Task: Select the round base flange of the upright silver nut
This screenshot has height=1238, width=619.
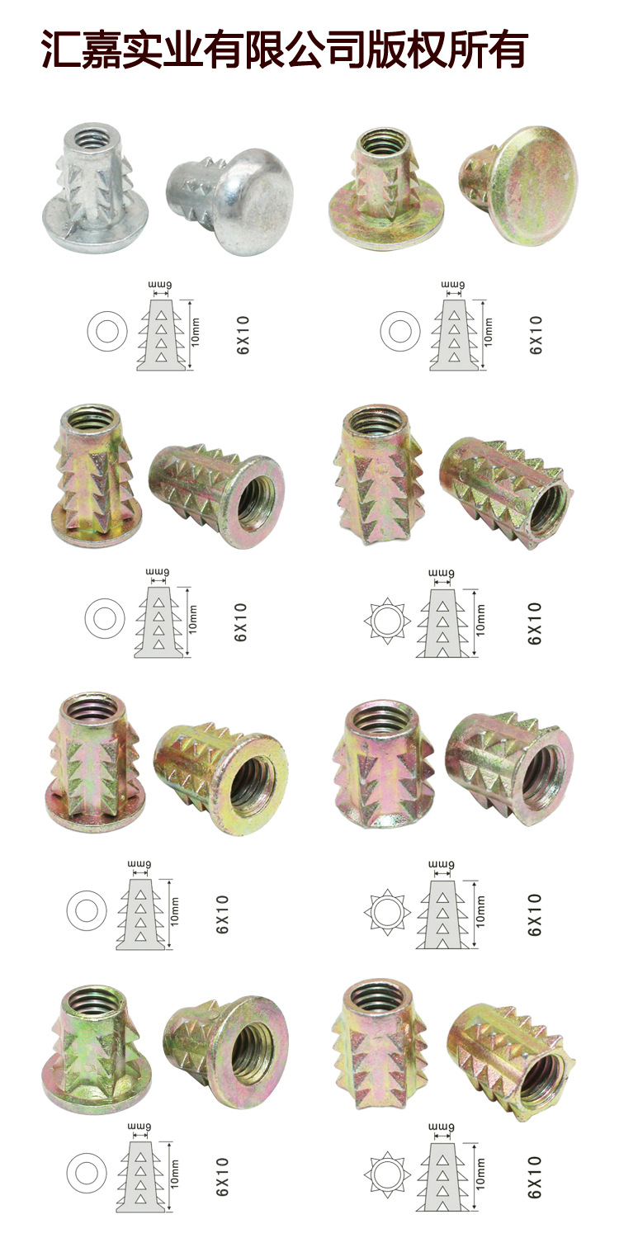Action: pyautogui.click(x=95, y=227)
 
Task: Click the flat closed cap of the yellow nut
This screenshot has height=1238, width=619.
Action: pyautogui.click(x=535, y=185)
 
